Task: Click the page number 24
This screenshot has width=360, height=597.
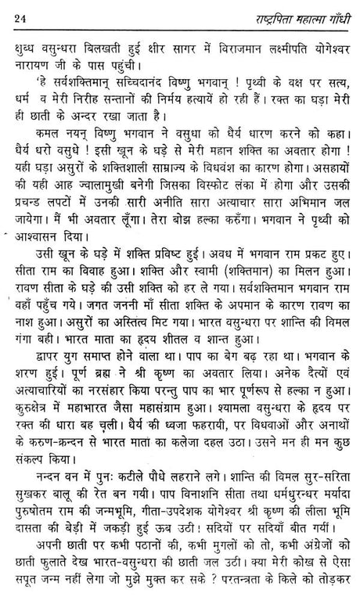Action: pos(21,11)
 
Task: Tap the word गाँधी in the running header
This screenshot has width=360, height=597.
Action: pos(332,11)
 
